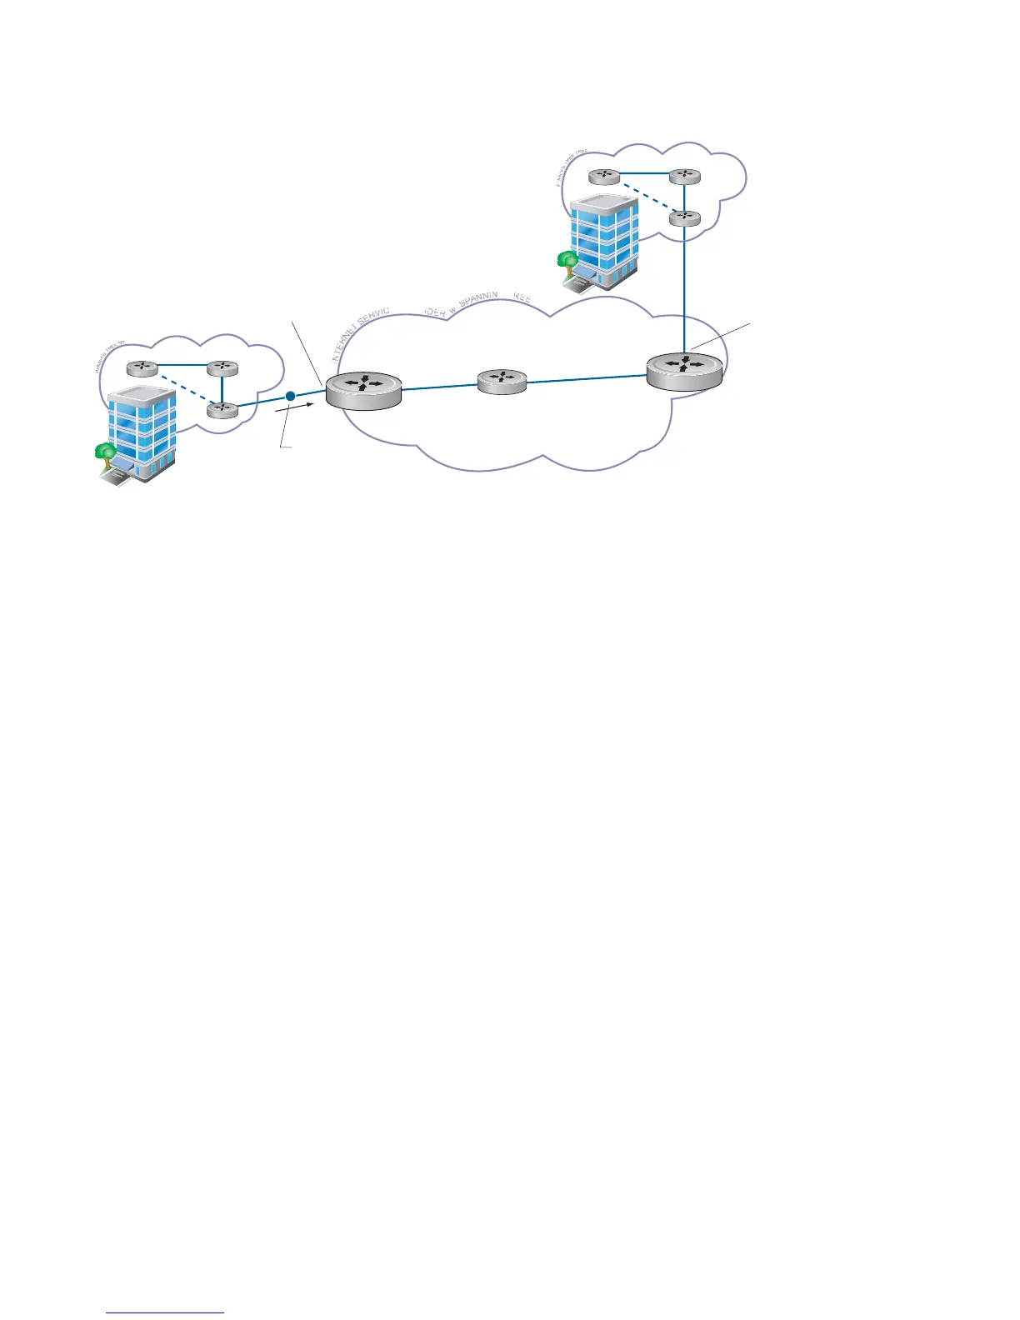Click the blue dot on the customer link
tap(290, 396)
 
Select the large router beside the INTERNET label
tap(363, 388)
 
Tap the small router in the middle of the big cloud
tap(502, 381)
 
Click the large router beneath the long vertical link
tap(684, 370)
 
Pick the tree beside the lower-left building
tap(105, 452)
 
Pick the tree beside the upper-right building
tap(567, 260)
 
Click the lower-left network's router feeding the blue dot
tap(222, 409)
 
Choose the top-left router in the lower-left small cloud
tap(142, 369)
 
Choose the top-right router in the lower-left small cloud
tap(222, 368)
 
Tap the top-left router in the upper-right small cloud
tap(603, 177)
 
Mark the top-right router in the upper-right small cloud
tap(684, 176)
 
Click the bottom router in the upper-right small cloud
tap(684, 218)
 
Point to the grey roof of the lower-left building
tap(141, 392)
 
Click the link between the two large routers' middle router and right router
tap(587, 380)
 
